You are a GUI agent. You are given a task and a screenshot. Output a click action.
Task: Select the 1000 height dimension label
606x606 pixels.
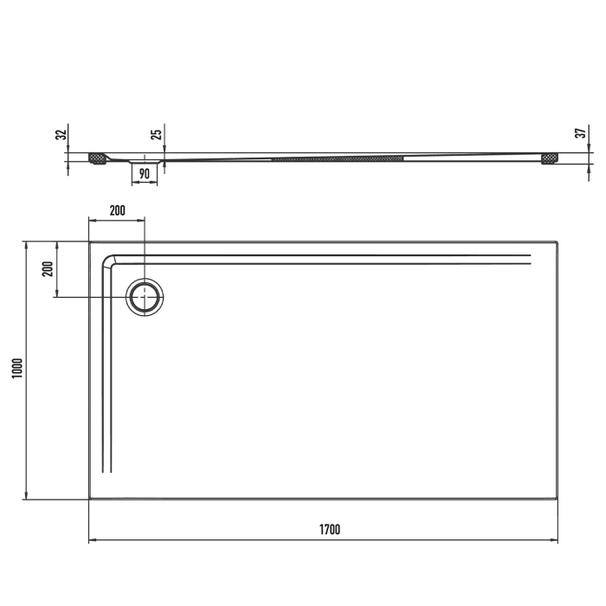18,370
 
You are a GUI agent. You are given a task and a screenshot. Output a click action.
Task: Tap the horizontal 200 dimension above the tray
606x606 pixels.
117,210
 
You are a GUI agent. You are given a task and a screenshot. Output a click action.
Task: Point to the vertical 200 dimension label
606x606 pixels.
48,268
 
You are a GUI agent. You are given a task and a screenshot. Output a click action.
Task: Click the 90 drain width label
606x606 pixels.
145,174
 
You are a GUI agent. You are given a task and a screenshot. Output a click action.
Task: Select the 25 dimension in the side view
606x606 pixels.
156,134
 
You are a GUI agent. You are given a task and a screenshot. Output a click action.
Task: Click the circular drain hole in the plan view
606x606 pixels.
145,298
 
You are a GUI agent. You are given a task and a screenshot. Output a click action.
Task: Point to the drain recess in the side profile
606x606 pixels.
145,161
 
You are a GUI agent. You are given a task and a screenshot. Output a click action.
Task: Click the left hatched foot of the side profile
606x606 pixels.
97,158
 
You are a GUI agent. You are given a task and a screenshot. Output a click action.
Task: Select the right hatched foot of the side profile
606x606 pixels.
549,158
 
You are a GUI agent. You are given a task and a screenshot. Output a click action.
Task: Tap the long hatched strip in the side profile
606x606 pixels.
338,158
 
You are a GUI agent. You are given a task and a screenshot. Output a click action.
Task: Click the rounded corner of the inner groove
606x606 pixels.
109,261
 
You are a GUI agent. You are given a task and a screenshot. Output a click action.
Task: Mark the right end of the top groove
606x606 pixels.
529,258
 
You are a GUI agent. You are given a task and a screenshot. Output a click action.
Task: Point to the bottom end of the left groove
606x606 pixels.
107,471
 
